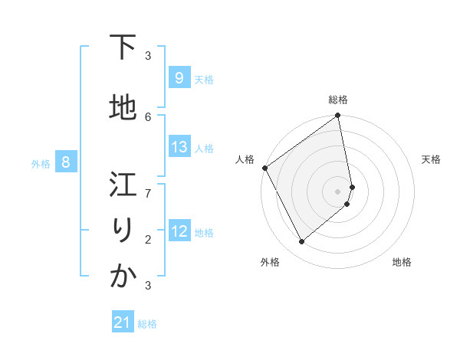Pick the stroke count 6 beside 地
(148, 116)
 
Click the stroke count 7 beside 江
(148, 193)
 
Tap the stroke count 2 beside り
(148, 239)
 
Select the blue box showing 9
(179, 78)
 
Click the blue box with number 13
(179, 147)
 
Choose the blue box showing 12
(179, 231)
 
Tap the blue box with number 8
(66, 162)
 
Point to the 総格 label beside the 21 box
(147, 324)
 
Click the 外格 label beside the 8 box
(41, 163)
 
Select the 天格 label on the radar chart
(431, 159)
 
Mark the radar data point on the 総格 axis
(337, 116)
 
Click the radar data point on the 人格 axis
(264, 168)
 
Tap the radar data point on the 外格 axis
(301, 242)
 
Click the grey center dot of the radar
(337, 191)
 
